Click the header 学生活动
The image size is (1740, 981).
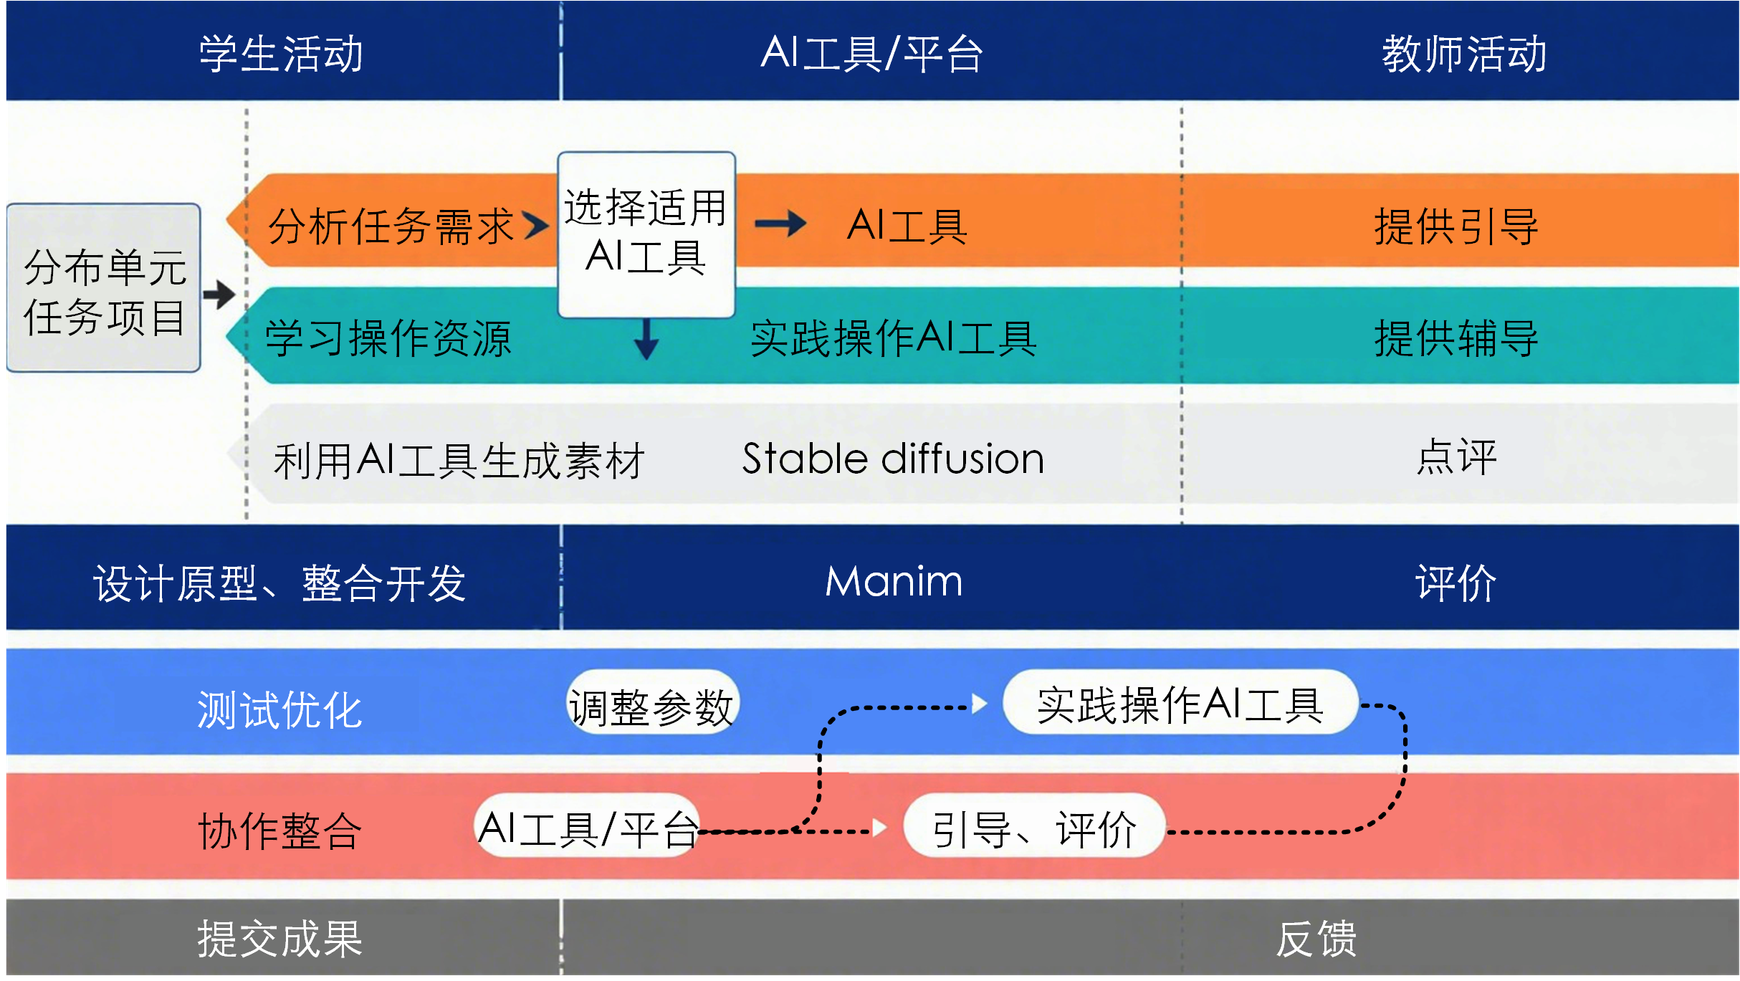281,54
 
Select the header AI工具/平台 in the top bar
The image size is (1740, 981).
871,54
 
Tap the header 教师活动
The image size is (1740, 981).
1463,54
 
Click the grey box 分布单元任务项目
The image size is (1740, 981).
104,289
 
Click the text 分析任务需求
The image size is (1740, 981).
391,226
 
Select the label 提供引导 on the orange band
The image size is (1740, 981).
1455,226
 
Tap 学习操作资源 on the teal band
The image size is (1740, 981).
388,338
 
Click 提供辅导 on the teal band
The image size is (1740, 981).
1455,338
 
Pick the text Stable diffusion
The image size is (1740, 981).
893,459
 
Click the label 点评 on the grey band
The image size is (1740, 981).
1455,457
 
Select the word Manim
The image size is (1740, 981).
894,581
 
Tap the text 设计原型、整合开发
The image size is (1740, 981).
279,583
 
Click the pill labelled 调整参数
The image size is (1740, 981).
651,707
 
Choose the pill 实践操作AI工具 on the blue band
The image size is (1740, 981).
1180,704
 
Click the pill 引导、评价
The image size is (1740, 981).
1034,829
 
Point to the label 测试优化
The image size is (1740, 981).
279,709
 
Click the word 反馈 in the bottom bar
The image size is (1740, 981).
1316,939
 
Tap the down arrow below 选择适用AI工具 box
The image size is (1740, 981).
646,340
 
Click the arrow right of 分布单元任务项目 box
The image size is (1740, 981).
219,295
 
